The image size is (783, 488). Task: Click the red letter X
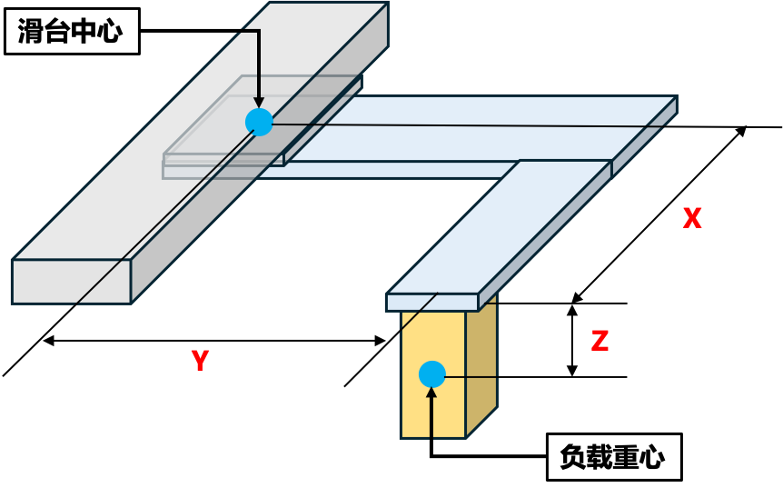[692, 218]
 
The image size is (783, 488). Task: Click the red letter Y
[200, 361]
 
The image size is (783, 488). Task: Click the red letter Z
[600, 341]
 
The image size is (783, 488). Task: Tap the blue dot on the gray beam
[259, 122]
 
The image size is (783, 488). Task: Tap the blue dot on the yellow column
[432, 373]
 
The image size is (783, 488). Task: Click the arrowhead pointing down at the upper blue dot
[259, 103]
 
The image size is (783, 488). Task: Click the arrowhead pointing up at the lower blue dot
[431, 393]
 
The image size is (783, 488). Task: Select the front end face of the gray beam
[55, 281]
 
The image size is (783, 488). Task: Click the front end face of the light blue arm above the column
[431, 302]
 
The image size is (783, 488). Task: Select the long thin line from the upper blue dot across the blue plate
[454, 125]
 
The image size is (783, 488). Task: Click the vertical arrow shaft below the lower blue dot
[431, 418]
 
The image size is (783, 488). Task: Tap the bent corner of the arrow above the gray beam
[258, 32]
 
